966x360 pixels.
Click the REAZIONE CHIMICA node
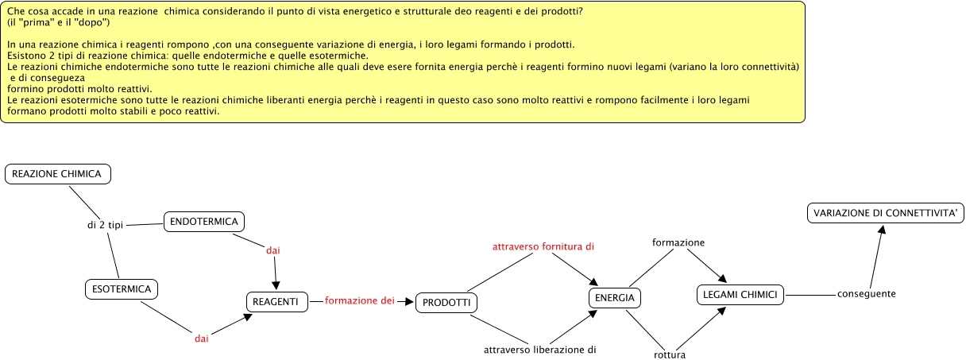click(56, 174)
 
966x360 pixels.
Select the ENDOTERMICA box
click(204, 222)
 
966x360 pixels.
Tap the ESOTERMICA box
click(121, 289)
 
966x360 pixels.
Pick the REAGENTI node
click(275, 302)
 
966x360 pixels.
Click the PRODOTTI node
click(446, 303)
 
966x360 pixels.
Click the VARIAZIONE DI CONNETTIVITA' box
click(886, 213)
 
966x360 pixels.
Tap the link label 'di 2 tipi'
click(105, 226)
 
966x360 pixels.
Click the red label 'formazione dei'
click(360, 301)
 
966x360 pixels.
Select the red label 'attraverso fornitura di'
click(543, 247)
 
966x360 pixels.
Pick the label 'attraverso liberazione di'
click(540, 349)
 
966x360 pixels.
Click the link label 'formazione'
click(678, 242)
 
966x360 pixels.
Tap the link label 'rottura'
click(669, 354)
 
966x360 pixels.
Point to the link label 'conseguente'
click(867, 294)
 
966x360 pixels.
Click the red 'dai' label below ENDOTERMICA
click(273, 250)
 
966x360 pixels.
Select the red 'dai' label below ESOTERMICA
click(202, 339)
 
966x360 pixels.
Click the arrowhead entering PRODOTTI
click(411, 302)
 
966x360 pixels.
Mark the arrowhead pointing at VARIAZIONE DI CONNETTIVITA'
click(881, 230)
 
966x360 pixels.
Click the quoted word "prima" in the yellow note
click(37, 22)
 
